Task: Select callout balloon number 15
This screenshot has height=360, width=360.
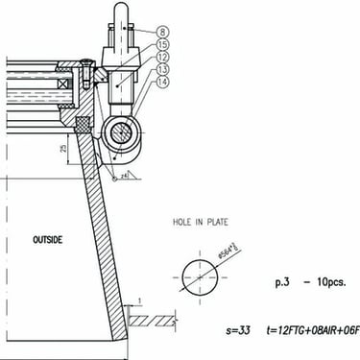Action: click(x=163, y=44)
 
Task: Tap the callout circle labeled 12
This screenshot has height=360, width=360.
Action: click(x=163, y=57)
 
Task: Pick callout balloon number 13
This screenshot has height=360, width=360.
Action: click(x=163, y=69)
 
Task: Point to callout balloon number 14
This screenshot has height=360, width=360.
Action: click(x=163, y=83)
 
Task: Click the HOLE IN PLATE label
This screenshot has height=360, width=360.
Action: click(x=200, y=223)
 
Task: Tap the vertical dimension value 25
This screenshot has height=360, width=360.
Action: click(x=61, y=148)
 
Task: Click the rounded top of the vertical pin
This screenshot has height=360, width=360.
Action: click(x=124, y=8)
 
